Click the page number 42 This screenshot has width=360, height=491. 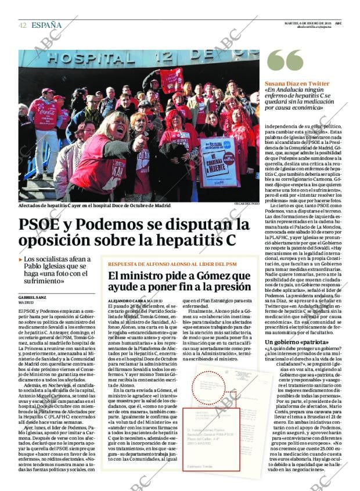(x=22, y=25)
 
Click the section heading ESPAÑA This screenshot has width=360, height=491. (x=47, y=25)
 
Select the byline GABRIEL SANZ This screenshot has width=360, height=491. (x=33, y=297)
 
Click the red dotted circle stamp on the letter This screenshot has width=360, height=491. (x=208, y=387)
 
